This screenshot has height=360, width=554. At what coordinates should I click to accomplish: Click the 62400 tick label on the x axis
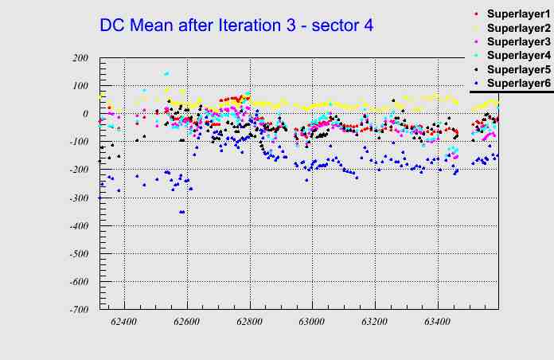[124, 322]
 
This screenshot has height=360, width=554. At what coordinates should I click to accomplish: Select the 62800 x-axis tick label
[249, 322]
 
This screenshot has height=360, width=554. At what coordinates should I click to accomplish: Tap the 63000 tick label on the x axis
[311, 322]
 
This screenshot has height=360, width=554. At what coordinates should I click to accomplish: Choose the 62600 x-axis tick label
[187, 322]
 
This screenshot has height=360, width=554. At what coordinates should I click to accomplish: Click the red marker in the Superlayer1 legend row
[476, 14]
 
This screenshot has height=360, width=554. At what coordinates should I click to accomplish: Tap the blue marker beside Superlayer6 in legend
[476, 83]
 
